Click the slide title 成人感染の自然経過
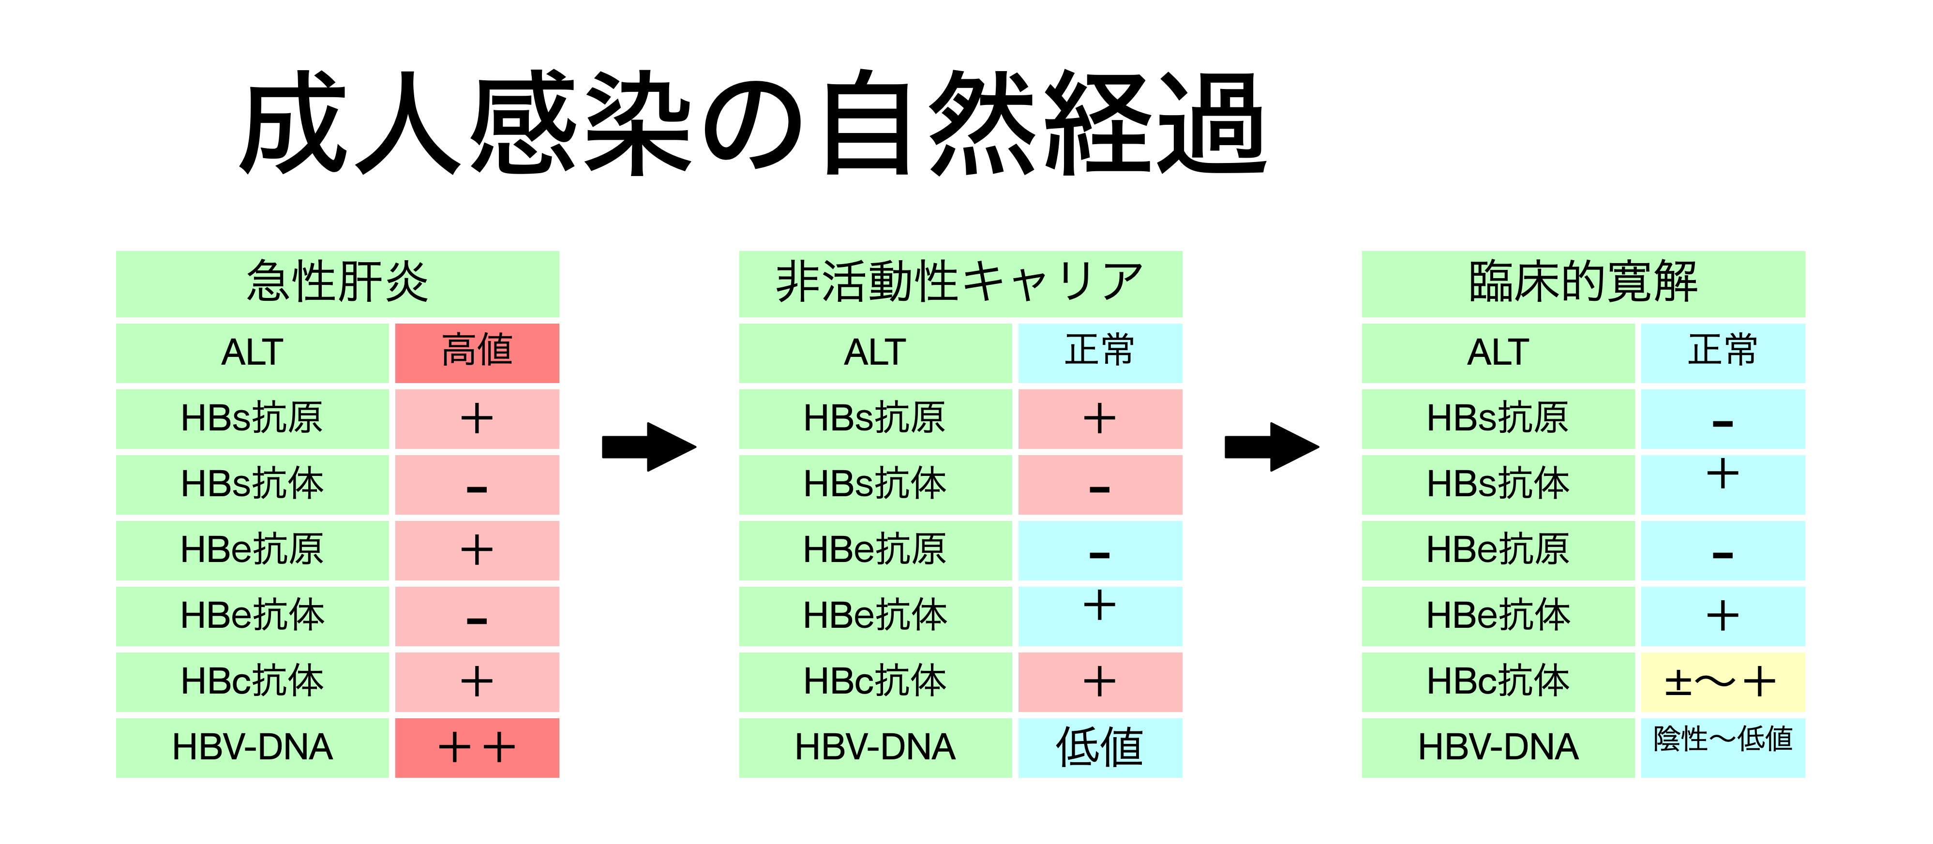pos(753,122)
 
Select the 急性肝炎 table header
pos(338,283)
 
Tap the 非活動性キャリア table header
pos(960,283)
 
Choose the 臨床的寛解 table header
pos(1583,283)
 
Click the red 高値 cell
pos(477,353)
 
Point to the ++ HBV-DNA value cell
pos(477,748)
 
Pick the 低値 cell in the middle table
pos(1100,748)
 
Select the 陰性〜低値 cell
pos(1723,748)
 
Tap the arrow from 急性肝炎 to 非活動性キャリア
pos(649,447)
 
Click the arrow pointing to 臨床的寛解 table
pos(1272,447)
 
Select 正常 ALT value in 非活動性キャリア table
pos(1100,353)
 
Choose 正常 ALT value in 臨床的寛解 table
pos(1723,353)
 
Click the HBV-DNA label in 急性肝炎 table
pos(252,748)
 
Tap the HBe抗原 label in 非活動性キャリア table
pos(875,550)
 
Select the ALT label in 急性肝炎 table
pos(252,353)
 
